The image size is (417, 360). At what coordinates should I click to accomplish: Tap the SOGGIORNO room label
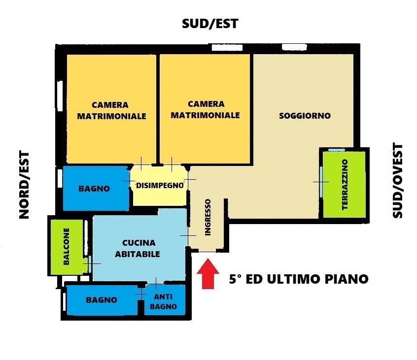(305, 116)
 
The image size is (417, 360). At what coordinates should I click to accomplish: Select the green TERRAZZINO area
(344, 185)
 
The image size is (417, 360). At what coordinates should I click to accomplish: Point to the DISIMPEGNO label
(160, 186)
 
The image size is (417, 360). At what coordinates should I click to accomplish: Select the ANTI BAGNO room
(165, 301)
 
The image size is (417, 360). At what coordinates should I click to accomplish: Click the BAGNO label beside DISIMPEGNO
(94, 189)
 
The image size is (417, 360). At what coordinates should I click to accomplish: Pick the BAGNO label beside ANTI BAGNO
(101, 300)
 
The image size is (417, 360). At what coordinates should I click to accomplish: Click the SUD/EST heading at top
(210, 23)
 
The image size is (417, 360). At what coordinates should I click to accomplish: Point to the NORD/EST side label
(24, 185)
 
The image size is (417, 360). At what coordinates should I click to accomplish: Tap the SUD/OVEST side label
(397, 181)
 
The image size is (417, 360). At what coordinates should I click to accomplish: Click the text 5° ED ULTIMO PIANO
(299, 279)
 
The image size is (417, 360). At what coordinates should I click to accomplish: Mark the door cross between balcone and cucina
(90, 264)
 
